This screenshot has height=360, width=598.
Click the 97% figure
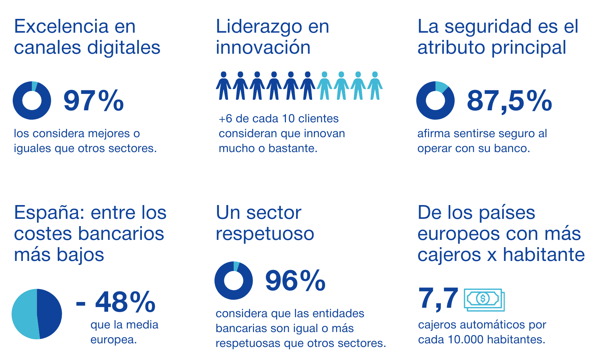pos(94,101)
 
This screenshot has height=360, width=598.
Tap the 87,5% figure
pos(509,101)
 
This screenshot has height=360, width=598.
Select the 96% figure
pos(295,281)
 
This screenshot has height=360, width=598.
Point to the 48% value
pos(125,302)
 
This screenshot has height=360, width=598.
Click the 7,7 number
pos(438,298)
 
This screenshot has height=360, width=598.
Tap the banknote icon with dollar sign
pos(484,300)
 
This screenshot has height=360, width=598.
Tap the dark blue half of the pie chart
pos(50,314)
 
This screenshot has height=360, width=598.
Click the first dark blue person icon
pos(224,86)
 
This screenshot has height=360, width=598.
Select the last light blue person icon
pos(375,86)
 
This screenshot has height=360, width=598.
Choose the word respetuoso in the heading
pos(265,234)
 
